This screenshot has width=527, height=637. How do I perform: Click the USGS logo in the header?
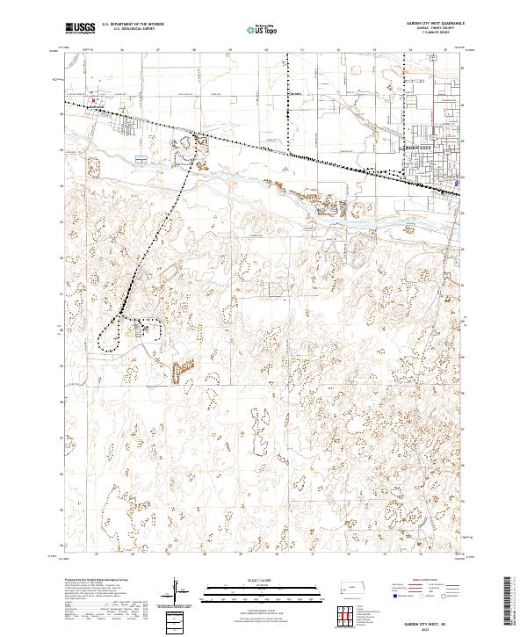coord(80,28)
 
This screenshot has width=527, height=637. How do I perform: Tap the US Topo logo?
coord(254,28)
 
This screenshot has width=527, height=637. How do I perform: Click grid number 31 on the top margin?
coord(301,50)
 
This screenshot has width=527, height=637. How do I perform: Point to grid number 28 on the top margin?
coord(194,50)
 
